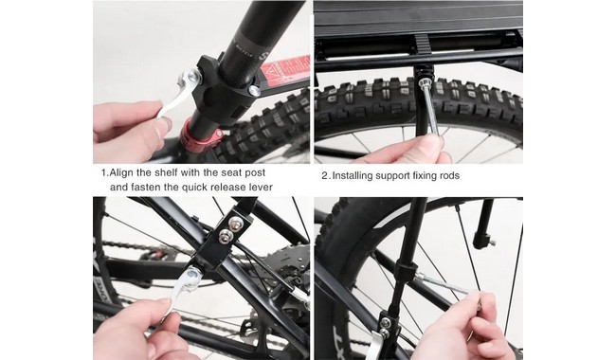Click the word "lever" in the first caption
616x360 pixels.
[x=260, y=187]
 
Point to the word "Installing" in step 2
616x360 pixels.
[x=353, y=175]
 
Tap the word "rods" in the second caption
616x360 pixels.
[x=448, y=175]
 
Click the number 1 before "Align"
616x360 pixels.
[x=104, y=172]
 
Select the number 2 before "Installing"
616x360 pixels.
[x=325, y=175]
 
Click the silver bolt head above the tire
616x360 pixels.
[x=424, y=83]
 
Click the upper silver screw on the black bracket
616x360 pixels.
[x=235, y=223]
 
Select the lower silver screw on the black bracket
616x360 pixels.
[x=226, y=236]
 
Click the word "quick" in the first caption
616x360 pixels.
[x=194, y=188]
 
